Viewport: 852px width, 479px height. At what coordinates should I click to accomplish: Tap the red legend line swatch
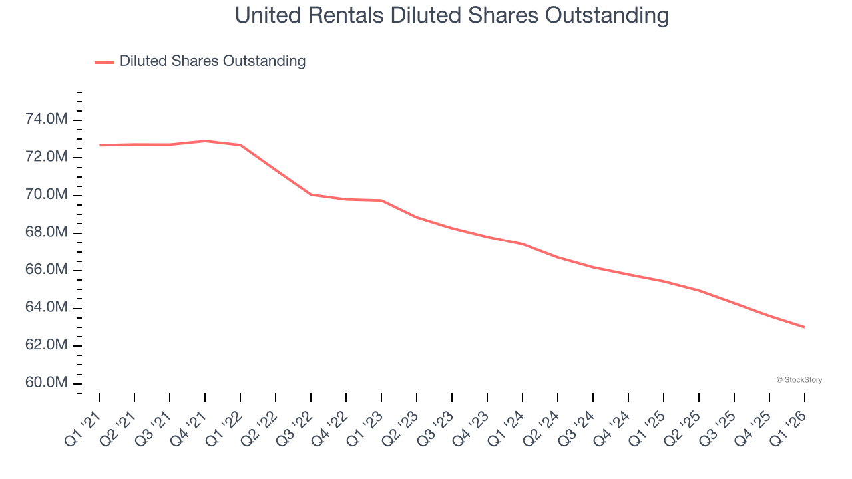[105, 63]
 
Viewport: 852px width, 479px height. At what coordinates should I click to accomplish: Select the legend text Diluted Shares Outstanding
[212, 61]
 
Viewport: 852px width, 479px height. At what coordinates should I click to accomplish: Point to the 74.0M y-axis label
[46, 120]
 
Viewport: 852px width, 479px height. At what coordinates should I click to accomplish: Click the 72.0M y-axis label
[46, 157]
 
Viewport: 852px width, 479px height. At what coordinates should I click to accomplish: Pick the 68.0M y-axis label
[46, 232]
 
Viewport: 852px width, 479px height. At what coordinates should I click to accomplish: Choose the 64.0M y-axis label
[46, 307]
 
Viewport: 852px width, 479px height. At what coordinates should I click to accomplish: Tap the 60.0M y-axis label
[46, 383]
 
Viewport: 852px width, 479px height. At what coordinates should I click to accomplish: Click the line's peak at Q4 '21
[205, 141]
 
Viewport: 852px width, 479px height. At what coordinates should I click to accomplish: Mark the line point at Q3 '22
[311, 194]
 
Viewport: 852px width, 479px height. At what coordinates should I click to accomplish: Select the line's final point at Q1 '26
[805, 327]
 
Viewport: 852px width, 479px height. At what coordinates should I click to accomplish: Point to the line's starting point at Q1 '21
[99, 145]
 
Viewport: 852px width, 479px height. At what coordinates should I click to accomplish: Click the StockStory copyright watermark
[799, 380]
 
